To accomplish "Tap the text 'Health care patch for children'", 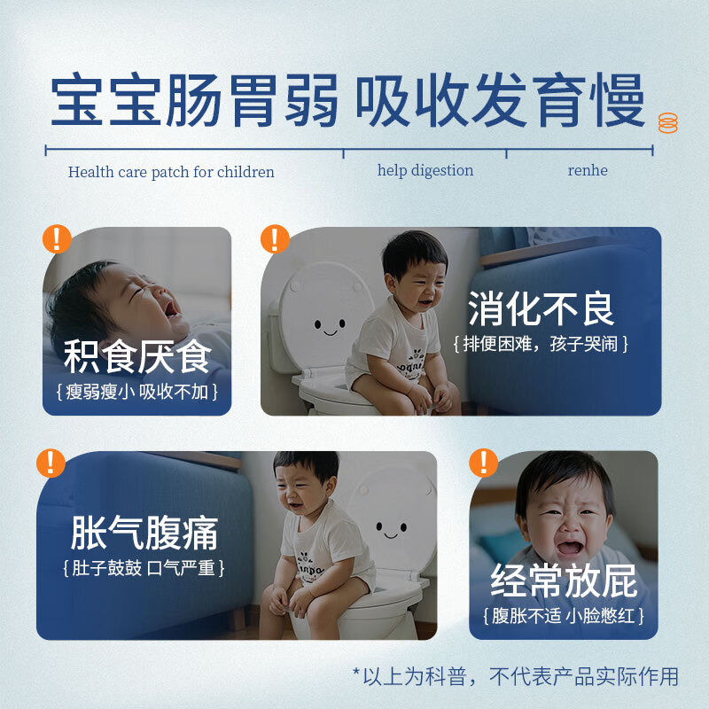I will coord(171,172).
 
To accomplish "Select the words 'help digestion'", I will coord(425,170).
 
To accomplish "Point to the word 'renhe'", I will coord(588,170).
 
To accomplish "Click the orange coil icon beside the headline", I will coord(667,123).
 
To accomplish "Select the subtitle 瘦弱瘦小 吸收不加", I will coord(137,391).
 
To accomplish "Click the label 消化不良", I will coord(541,309).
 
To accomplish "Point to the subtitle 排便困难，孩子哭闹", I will coord(541,344).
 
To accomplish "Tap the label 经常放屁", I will coord(565,581).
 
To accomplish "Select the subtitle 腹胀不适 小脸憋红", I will coord(565,615).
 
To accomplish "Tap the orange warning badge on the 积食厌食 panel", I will coord(58,238).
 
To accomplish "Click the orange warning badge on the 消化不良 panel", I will coord(275,238).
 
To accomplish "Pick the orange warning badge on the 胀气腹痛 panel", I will coord(51,463).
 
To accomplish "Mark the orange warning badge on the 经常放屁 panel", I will coord(483,462).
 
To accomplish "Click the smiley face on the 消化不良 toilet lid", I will coord(330,326).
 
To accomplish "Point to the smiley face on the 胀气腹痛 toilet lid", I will coord(391,529).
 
